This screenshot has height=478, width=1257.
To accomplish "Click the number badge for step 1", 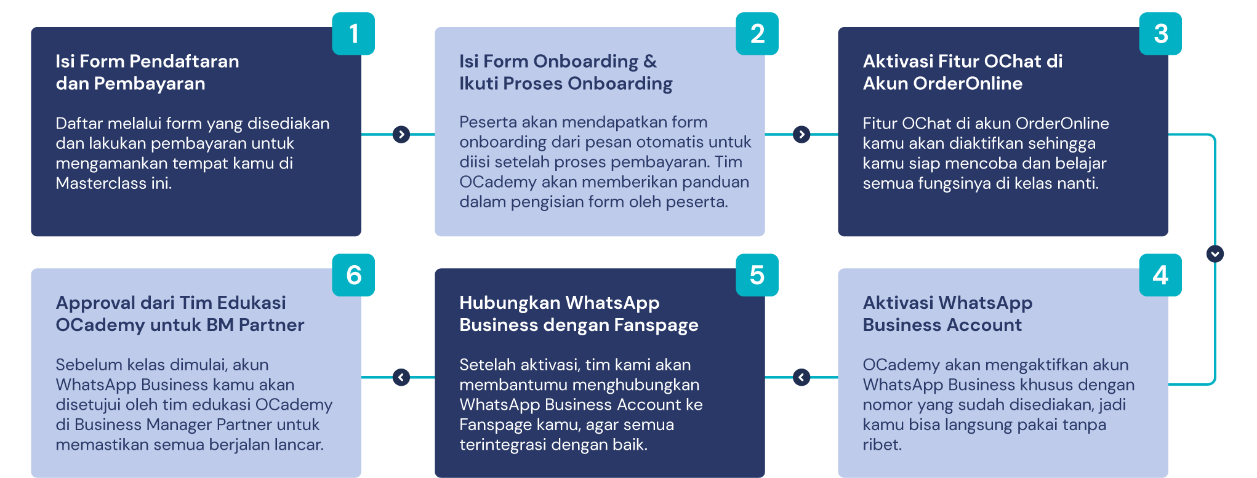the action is coord(353,34).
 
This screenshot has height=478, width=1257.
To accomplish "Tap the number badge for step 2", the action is coord(757,34).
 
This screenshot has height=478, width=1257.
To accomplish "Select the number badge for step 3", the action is coord(1160,34).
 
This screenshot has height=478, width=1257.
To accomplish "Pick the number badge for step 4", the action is coord(1160,275).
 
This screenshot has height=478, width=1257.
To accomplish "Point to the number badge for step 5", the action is coord(757,275).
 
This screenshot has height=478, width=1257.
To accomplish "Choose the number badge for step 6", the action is coord(353,275).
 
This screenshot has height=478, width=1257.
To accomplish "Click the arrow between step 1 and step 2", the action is coord(401,134).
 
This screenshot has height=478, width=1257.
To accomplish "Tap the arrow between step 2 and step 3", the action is coord(801,134).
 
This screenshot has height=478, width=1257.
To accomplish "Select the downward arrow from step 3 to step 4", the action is coord(1215,253).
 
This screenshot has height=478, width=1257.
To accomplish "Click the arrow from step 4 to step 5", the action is coord(801,377).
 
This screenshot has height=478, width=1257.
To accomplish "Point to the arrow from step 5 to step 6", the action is coord(401,377).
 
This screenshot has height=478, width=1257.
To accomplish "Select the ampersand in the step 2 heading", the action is coord(650,61).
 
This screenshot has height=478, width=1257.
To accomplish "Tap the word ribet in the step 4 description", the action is coord(882,445).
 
